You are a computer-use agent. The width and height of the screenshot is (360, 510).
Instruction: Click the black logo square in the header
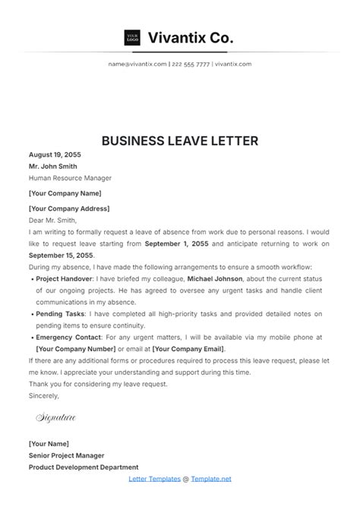click(132, 37)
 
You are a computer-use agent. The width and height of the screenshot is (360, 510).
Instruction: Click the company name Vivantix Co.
click(191, 37)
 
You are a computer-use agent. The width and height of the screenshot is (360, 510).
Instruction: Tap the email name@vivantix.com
click(137, 65)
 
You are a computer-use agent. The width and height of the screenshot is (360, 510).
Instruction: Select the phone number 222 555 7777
click(191, 65)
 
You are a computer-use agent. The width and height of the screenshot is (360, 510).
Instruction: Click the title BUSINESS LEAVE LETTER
click(180, 141)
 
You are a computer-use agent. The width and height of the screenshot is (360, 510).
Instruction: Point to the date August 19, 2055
click(54, 155)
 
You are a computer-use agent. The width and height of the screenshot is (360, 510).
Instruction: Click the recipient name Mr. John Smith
click(54, 166)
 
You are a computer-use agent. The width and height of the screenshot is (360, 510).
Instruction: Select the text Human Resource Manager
click(70, 179)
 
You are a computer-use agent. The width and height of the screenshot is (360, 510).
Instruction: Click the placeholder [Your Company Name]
click(64, 193)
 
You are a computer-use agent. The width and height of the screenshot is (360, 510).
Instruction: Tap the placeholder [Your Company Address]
click(68, 208)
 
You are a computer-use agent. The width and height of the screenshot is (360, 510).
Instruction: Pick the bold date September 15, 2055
click(59, 255)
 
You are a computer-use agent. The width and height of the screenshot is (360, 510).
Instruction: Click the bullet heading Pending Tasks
click(60, 313)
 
